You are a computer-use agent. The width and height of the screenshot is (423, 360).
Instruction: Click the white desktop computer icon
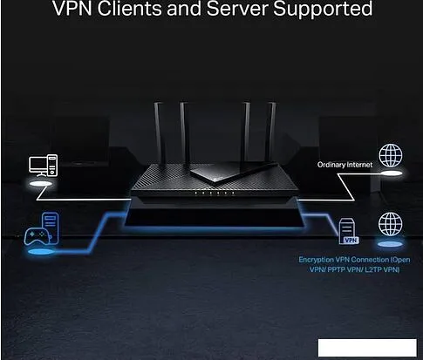41,165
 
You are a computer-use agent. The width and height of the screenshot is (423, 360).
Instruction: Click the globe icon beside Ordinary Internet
390,156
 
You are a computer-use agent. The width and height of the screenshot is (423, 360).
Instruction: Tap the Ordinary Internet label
345,164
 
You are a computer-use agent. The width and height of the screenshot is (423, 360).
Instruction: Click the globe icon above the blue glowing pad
390,225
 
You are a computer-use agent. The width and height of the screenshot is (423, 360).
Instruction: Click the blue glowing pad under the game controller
39,253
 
